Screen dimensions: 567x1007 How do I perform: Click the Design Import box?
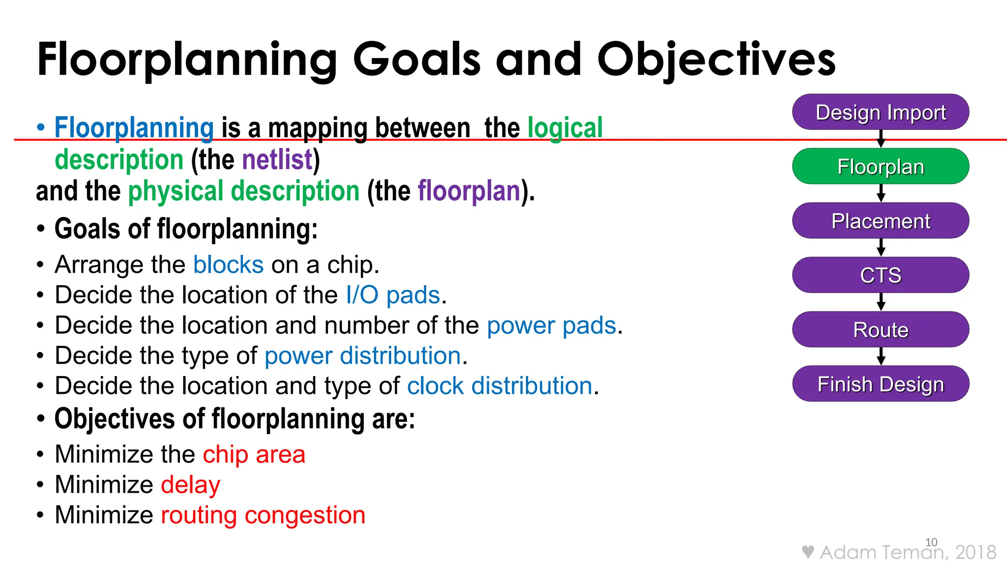[x=880, y=112]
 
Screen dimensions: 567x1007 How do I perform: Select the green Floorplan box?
[x=880, y=166]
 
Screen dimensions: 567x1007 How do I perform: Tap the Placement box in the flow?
[x=880, y=221]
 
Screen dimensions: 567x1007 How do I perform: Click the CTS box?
[x=880, y=275]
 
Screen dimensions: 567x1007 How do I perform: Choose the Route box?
[x=880, y=330]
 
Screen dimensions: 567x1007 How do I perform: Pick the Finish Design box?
[x=880, y=384]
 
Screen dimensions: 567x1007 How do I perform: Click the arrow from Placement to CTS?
[x=881, y=248]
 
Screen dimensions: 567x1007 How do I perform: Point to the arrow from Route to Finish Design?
[x=881, y=356]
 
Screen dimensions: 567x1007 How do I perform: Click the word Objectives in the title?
[x=716, y=60]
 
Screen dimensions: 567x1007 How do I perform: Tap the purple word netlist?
[x=277, y=160]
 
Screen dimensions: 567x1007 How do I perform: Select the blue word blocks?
[x=229, y=265]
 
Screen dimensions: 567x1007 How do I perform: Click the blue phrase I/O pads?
[x=393, y=295]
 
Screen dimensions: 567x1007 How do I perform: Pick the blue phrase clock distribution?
[x=500, y=386]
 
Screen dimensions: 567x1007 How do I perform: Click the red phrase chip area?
[x=254, y=454]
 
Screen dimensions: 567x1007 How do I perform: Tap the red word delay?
[x=191, y=485]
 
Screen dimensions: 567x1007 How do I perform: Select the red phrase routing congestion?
[x=263, y=515]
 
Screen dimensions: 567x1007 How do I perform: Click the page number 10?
[x=931, y=542]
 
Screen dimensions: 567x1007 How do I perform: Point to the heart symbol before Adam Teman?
[x=807, y=552]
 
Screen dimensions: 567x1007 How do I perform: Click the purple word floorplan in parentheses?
[x=469, y=191]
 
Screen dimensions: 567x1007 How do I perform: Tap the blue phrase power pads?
[x=552, y=326]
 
